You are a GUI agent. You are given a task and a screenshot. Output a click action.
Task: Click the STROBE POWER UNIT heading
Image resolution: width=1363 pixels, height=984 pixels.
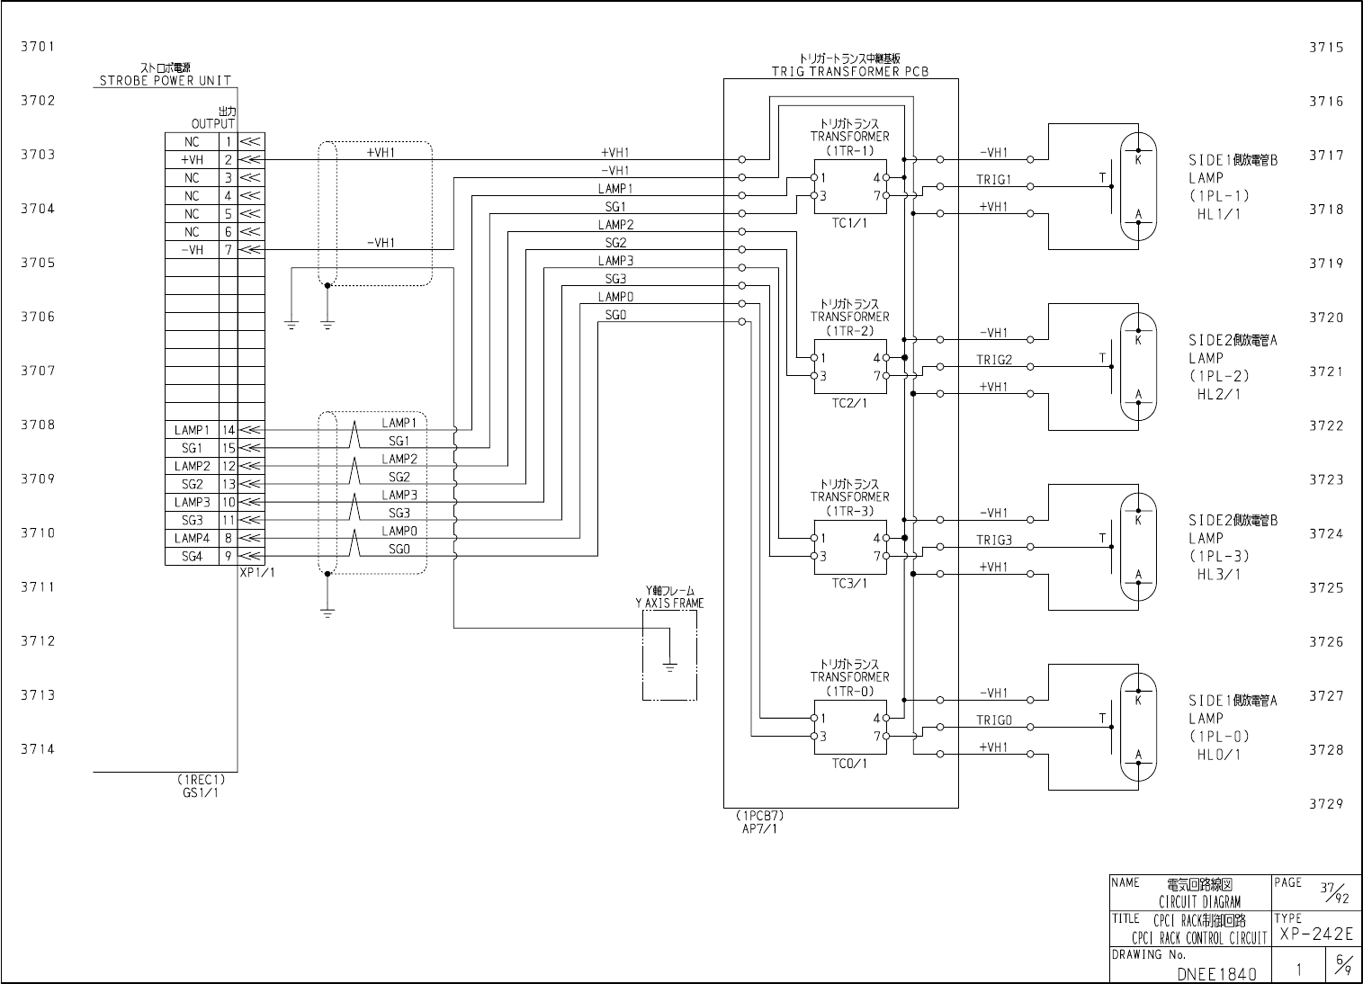point(165,80)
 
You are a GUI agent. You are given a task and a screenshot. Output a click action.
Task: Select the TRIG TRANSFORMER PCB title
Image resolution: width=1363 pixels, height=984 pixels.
point(849,71)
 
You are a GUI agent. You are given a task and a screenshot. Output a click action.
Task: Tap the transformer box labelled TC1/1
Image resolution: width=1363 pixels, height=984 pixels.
point(850,187)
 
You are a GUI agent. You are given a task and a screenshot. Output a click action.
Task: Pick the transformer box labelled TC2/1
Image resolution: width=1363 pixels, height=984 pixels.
point(850,367)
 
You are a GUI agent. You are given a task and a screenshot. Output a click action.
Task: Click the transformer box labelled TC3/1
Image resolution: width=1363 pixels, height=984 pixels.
point(850,547)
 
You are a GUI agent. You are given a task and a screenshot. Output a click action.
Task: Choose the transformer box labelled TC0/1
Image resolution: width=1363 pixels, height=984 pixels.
point(850,728)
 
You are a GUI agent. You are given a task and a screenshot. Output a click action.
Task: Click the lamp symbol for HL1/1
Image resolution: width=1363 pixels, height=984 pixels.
point(1138,187)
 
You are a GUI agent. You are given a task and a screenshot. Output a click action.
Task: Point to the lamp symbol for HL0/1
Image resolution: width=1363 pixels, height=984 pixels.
point(1138,728)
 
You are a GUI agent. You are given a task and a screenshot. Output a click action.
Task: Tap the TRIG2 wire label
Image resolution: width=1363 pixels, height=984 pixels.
point(994,360)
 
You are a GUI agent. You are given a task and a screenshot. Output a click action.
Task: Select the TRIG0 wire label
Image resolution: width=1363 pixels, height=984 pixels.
point(994,720)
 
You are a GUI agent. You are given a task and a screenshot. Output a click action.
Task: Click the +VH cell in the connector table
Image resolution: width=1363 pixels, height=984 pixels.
point(192,160)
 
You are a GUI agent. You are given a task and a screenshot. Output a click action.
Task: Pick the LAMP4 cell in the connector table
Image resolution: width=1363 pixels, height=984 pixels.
point(192,539)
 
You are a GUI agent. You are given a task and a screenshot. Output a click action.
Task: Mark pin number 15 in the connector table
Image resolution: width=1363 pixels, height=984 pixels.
point(229,448)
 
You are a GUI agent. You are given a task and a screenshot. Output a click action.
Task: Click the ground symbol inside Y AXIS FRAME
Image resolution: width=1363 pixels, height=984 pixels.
point(669,666)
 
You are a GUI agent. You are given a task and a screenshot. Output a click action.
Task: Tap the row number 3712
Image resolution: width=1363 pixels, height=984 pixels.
point(38,641)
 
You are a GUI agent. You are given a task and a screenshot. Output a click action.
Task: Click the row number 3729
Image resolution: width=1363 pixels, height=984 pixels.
point(1326,804)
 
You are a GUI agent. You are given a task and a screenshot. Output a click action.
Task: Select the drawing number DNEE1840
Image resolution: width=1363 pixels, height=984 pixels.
point(1212,973)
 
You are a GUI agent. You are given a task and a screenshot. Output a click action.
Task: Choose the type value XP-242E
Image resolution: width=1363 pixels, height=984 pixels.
point(1315,935)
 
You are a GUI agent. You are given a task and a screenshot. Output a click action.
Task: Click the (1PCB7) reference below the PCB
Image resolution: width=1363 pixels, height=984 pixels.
point(760,816)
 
